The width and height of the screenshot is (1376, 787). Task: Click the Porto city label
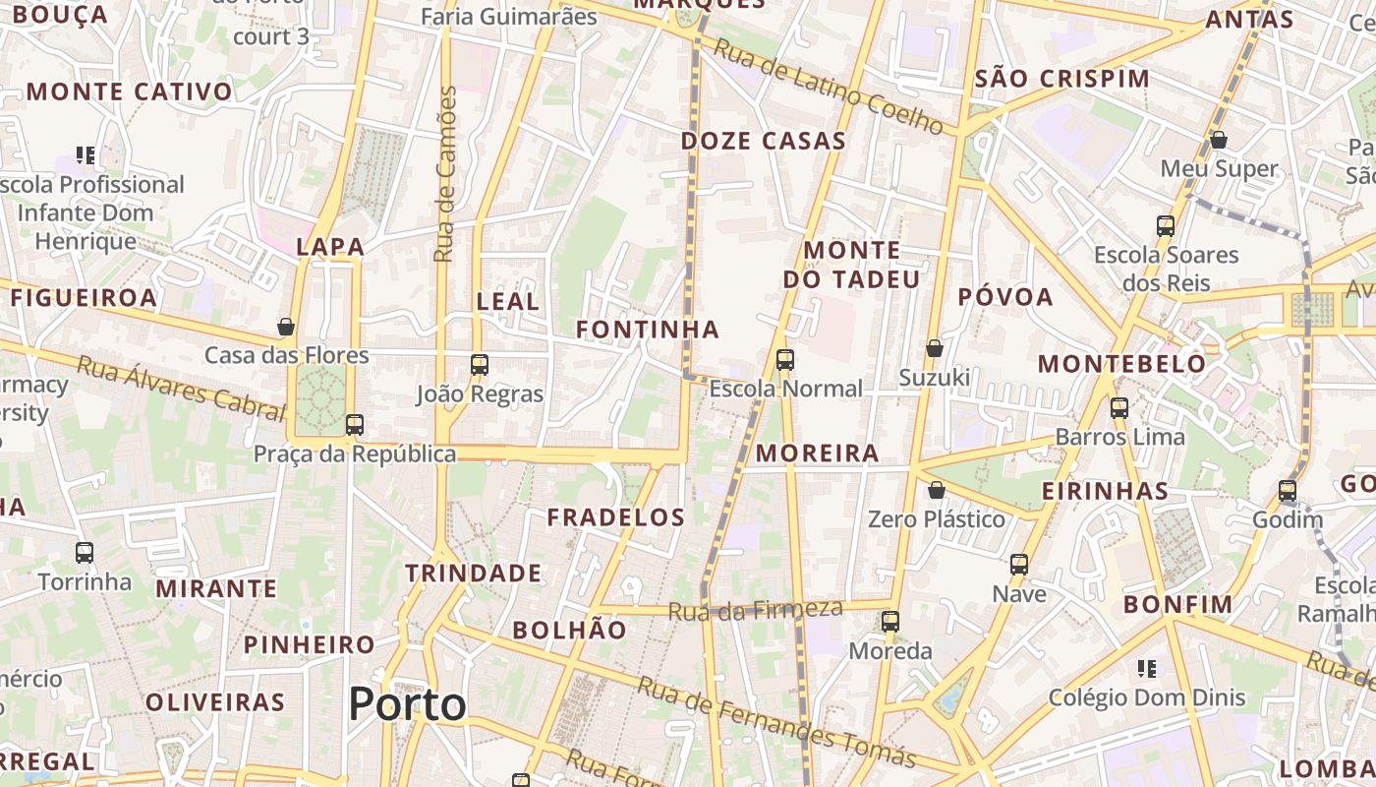(x=407, y=704)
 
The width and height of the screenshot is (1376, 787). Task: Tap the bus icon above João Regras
(x=480, y=365)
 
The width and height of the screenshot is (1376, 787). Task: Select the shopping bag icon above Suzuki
(x=935, y=348)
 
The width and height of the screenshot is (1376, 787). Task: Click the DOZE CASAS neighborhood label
(x=764, y=141)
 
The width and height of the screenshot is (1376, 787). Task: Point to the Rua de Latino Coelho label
(x=828, y=87)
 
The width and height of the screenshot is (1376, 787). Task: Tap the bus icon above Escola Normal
(x=784, y=360)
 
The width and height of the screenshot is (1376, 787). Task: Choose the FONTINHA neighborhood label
(x=648, y=330)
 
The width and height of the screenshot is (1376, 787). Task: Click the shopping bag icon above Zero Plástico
(x=937, y=490)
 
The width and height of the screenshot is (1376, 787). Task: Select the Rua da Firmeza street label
(x=755, y=610)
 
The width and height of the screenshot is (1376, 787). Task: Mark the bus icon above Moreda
(x=890, y=622)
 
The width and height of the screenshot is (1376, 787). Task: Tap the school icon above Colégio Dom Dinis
(x=1146, y=669)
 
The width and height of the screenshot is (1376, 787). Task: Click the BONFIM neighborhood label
(x=1177, y=604)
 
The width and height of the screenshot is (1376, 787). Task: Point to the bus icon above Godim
(x=1288, y=490)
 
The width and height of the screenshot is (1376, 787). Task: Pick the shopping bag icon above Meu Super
(x=1219, y=140)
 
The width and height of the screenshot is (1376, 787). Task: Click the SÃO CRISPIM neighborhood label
(x=1061, y=79)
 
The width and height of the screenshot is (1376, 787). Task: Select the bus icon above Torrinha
(x=85, y=553)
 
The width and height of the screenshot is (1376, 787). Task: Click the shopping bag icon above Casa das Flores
(x=286, y=327)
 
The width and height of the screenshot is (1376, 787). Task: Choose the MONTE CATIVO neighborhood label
(x=130, y=92)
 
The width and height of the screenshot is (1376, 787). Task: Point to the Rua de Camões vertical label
(x=446, y=174)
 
